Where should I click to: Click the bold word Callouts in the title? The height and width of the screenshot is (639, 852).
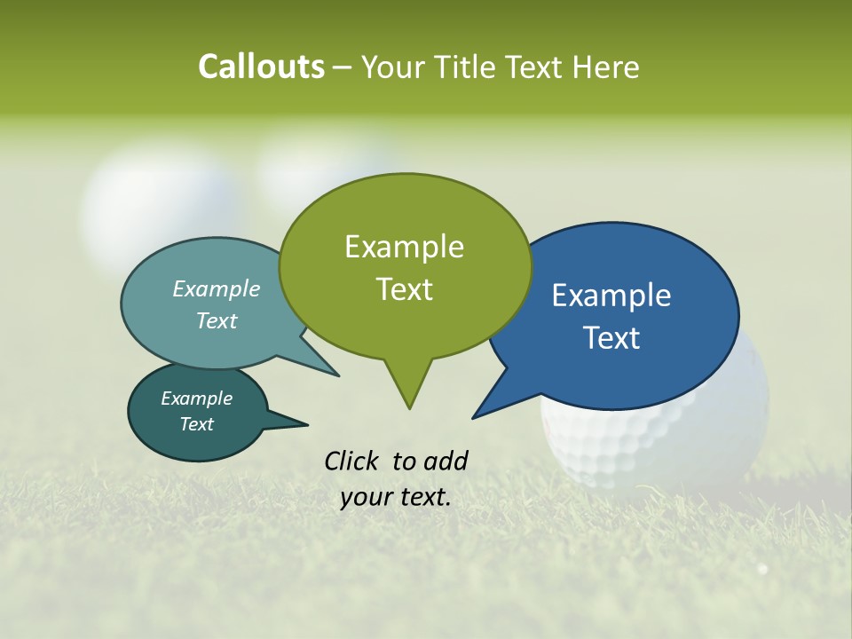point(261,67)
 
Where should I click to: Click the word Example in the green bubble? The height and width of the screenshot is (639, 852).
point(404,247)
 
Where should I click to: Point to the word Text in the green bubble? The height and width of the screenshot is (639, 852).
point(404,289)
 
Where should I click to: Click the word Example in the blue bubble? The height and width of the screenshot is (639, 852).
point(611,296)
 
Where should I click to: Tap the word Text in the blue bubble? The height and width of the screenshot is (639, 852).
point(611,338)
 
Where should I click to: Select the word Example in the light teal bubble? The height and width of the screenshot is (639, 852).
point(217,288)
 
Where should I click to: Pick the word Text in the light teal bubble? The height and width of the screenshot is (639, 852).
point(217,320)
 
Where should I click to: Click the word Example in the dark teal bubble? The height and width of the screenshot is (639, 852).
point(196,398)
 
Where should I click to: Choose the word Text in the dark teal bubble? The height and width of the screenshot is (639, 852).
point(196,424)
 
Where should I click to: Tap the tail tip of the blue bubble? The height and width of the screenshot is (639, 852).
point(474,417)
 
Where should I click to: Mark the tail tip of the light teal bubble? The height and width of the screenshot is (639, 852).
point(337,375)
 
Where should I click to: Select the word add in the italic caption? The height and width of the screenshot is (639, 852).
point(446,461)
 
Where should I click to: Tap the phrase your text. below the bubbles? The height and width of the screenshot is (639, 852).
point(396,497)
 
